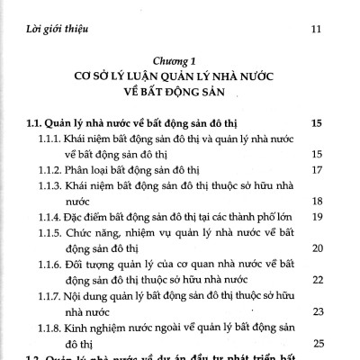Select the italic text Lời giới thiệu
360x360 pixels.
[57, 31]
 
